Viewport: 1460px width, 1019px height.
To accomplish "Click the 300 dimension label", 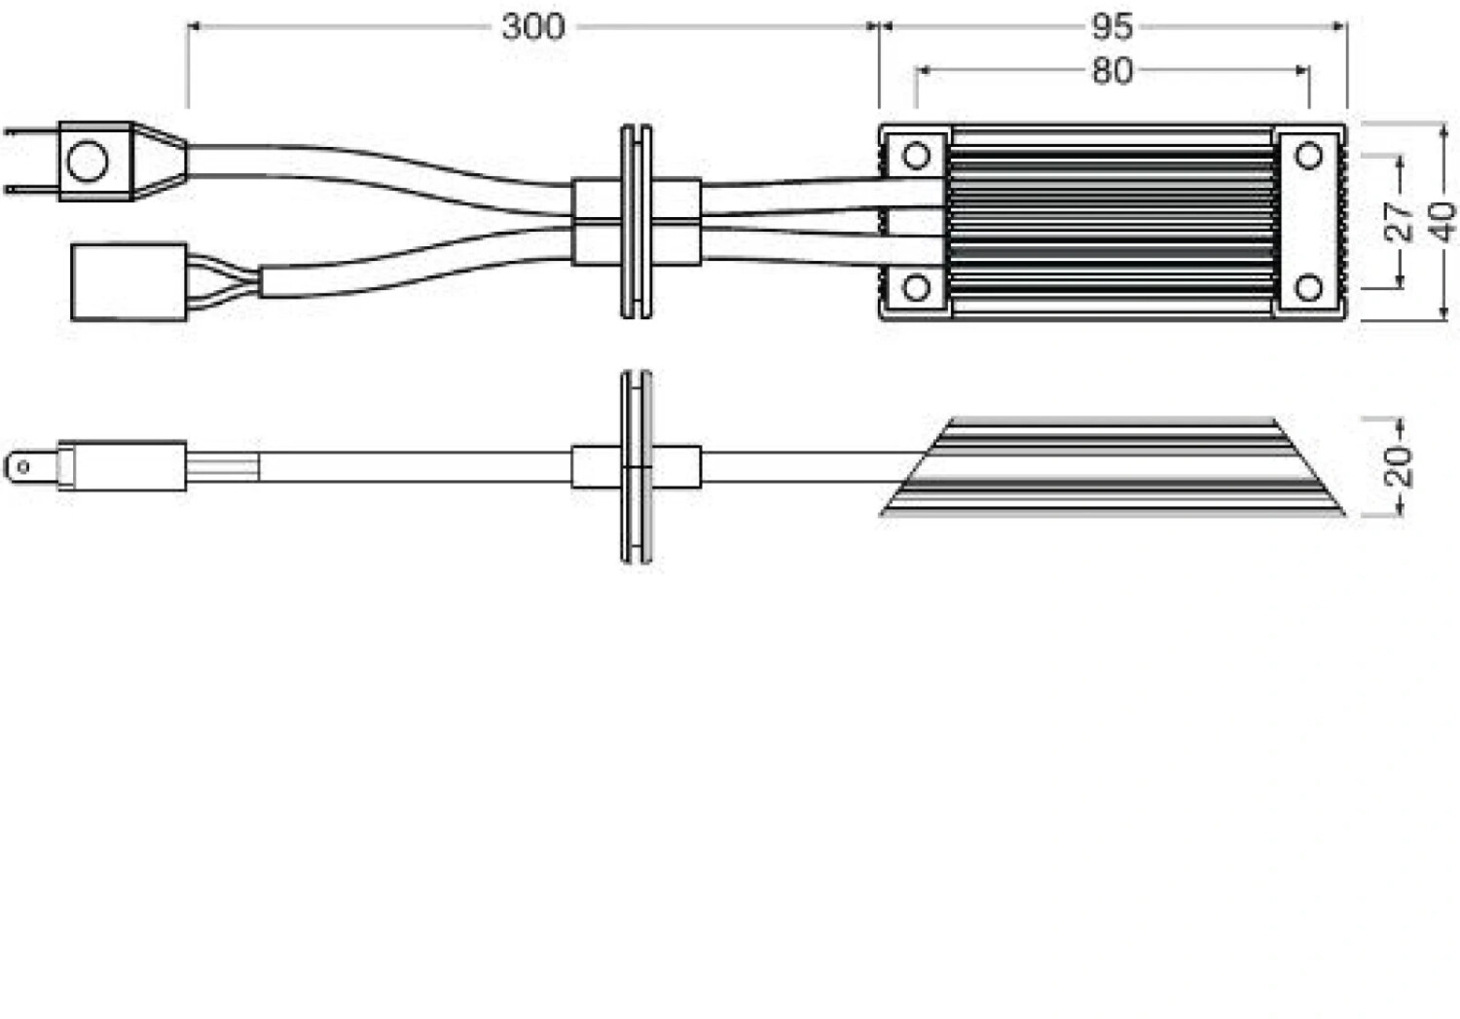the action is coord(532,26).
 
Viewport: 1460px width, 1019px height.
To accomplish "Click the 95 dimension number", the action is coord(1112,26).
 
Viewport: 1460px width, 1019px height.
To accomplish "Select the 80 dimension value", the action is coord(1112,70).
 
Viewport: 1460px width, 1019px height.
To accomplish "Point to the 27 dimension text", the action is coord(1399,222).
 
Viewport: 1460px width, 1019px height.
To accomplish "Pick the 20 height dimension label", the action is coord(1399,467).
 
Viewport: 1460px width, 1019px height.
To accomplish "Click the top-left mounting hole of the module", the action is coord(916,155).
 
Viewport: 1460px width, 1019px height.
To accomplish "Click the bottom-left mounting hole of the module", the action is coord(916,287).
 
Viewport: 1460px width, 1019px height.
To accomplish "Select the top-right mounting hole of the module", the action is coord(1310,155).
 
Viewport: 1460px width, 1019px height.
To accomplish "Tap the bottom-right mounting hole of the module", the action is coord(1310,287).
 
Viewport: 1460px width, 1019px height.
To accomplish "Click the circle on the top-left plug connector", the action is coord(88,161).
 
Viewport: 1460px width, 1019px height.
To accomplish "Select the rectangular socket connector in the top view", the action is coord(128,282).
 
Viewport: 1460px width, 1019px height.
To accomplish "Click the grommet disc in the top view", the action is coord(636,222).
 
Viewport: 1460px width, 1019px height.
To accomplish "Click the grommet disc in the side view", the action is coord(636,467).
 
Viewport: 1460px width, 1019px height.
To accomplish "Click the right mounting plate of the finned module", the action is coord(1309,222).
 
